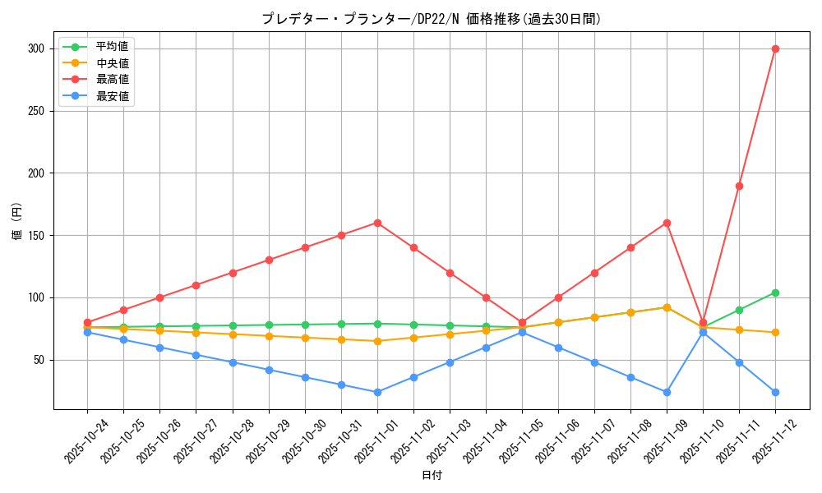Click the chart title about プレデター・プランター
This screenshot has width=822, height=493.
pos(432,19)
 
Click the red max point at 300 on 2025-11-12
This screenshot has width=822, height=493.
pos(775,48)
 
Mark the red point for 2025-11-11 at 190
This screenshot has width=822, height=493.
pos(739,186)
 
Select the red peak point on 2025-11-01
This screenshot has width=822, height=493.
pos(377,223)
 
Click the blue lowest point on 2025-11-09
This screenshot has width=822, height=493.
pos(667,392)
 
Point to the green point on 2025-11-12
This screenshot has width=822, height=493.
pos(775,293)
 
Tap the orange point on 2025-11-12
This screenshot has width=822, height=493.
pos(775,332)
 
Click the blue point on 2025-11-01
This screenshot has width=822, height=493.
pos(377,392)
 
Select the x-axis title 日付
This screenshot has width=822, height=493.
pos(432,476)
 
